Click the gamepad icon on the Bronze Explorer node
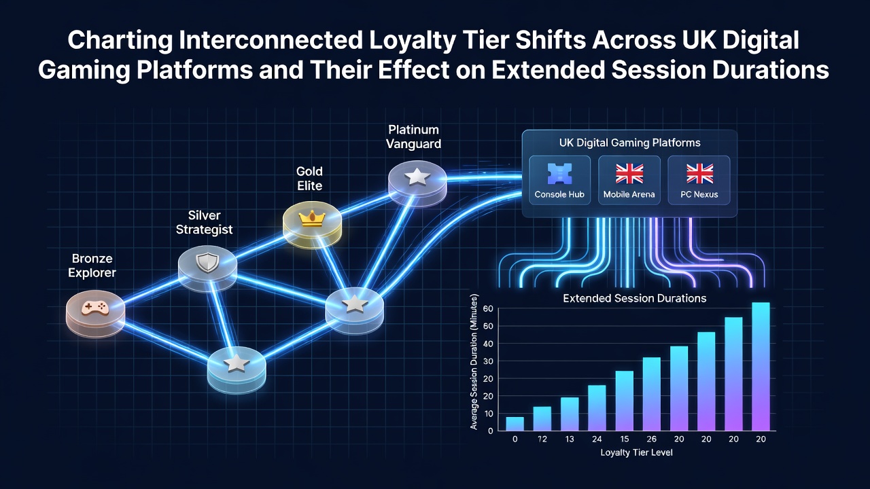coord(94,308)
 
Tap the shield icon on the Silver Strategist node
coord(207,262)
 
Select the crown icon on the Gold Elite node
coord(312,218)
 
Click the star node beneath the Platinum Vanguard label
coord(417,183)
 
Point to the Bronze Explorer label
coord(92,266)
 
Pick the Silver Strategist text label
coord(205,222)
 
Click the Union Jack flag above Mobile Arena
coord(629,173)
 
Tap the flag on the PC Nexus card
coord(699,173)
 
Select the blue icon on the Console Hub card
coord(559,173)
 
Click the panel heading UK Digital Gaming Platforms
coord(629,143)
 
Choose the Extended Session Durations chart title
coord(635,298)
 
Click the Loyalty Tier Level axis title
coord(636,452)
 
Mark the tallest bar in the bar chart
coord(761,366)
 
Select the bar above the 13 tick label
coord(570,414)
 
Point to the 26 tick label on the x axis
coord(651,439)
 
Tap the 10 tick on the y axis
coord(488,414)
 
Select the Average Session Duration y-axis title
coord(474,362)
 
